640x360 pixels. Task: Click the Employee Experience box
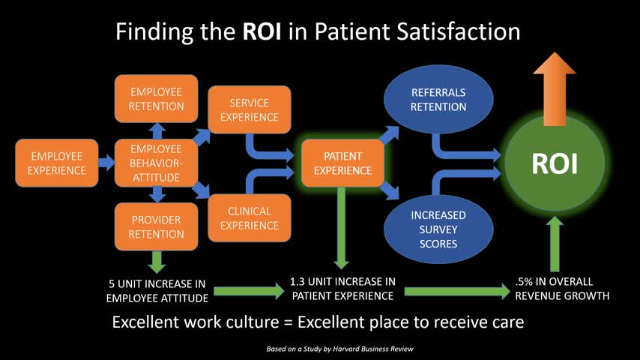coord(57,163)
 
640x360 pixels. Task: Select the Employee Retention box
coord(157,99)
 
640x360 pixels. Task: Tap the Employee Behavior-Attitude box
coord(157,163)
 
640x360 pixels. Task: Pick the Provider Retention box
coord(157,226)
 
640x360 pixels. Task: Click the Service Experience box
coord(250,109)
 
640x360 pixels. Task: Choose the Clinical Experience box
coord(250,217)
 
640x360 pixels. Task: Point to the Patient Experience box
coord(343,163)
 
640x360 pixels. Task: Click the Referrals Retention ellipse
coord(438,99)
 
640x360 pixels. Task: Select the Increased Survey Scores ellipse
coord(438,229)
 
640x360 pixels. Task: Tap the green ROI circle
coord(555,163)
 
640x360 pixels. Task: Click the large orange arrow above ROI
coord(555,89)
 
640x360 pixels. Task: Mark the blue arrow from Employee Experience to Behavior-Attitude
coord(106,163)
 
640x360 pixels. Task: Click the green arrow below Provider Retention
coord(157,262)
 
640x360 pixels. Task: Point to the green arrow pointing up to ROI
coord(555,244)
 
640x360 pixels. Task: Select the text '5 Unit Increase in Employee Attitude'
coord(157,291)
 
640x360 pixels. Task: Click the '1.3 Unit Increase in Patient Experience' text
coord(343,289)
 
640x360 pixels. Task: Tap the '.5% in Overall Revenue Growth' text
coord(562,289)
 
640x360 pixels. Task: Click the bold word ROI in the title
coord(262,31)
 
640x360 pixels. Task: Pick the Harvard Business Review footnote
coord(339,349)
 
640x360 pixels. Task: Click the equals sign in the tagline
coord(289,322)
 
